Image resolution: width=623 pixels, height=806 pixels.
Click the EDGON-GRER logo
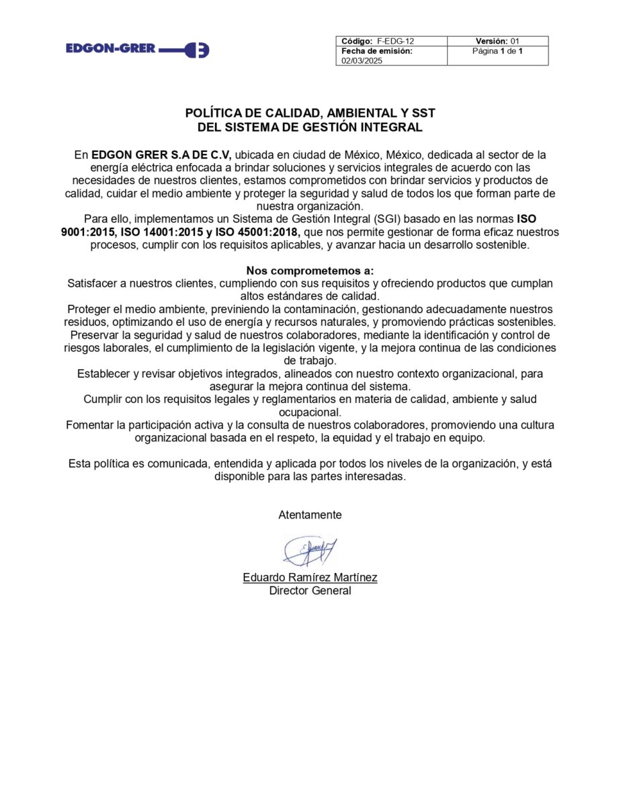tap(138, 49)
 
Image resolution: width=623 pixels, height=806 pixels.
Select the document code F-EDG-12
tap(395, 41)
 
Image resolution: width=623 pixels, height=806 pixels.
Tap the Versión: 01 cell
tap(497, 41)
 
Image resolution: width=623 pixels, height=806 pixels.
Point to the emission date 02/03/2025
tap(361, 60)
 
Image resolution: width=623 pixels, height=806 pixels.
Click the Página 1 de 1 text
tap(497, 51)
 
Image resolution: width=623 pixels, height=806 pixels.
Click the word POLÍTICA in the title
tap(214, 114)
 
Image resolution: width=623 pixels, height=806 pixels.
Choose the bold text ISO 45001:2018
tap(259, 232)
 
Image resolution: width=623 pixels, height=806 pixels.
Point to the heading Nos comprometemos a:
tap(310, 271)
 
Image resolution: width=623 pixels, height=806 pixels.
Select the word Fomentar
tap(92, 425)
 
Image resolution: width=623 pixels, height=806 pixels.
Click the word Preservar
tap(94, 335)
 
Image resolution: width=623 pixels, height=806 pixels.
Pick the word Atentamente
tap(310, 515)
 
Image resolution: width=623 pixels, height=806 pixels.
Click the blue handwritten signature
tap(310, 550)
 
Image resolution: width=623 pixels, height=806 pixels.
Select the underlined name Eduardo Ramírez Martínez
tap(310, 578)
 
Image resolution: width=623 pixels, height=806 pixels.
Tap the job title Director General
tap(310, 591)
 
